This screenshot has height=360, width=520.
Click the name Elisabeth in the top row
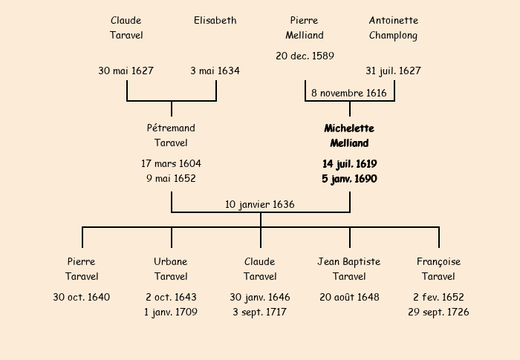215,21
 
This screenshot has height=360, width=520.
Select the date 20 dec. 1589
305,56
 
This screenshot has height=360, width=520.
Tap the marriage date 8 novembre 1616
349,94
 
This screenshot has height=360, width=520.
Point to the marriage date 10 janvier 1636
260,204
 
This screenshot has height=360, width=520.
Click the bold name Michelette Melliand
349,136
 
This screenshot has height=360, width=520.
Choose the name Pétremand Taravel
171,136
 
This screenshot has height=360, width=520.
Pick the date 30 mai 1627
126,71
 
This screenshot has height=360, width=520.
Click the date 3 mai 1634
215,71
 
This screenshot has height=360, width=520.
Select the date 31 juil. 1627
393,71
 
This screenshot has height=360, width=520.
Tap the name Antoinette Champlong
394,28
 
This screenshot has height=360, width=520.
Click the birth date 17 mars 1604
171,163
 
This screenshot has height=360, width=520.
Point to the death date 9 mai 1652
171,178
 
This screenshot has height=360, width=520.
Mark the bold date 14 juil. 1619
349,163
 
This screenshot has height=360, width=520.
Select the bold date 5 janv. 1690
349,178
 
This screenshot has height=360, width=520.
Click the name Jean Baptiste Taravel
349,269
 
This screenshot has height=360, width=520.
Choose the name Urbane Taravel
171,269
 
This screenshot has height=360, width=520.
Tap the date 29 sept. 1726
438,312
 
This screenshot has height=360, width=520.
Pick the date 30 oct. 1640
82,298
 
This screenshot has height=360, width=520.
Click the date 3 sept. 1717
260,312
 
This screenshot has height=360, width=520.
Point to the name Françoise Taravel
438,269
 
